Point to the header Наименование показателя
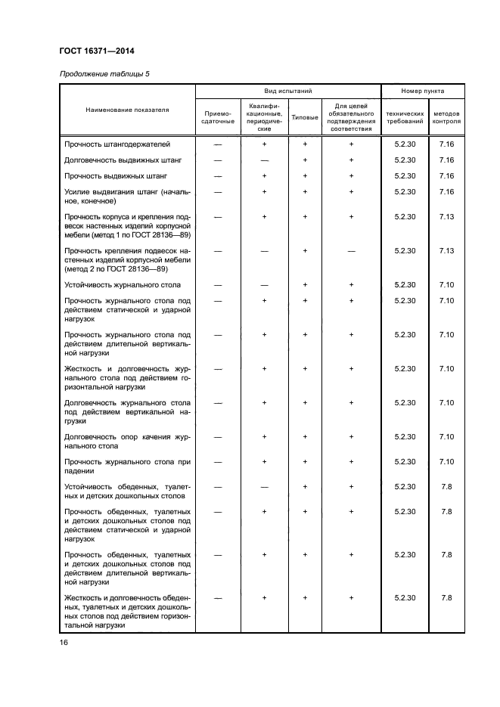click(127, 110)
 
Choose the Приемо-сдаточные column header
click(218, 116)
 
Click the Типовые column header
click(305, 117)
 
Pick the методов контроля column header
click(446, 116)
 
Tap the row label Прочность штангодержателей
click(117, 144)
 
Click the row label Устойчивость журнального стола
click(123, 284)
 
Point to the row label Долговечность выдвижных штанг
click(123, 160)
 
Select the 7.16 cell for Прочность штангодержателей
click(446, 144)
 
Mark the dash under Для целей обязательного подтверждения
click(351, 250)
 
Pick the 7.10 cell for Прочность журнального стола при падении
click(446, 461)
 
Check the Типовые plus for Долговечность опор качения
click(305, 436)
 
